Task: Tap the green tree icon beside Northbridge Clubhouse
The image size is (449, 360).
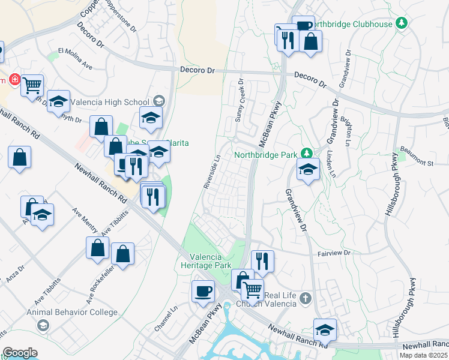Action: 402,23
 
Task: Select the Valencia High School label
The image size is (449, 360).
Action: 110,102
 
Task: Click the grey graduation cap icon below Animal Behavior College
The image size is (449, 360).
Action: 42,325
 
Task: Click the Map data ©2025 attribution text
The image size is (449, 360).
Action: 423,355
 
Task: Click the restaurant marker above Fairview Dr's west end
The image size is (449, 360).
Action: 262,260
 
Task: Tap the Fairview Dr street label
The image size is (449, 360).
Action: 334,254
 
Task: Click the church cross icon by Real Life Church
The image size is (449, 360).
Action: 305,298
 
